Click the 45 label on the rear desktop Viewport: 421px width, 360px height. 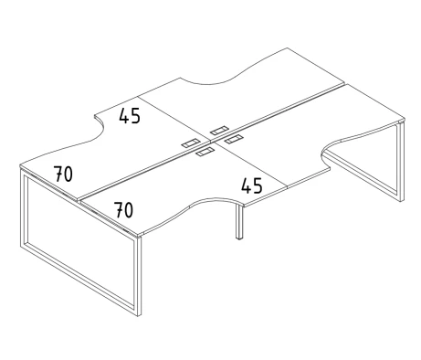click(130, 116)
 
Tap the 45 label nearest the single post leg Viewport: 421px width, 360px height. click(252, 185)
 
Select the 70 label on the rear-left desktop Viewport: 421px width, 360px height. click(63, 174)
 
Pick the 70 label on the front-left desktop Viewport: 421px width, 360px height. click(123, 210)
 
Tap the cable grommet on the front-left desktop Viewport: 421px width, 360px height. click(205, 152)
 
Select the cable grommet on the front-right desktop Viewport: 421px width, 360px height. click(233, 139)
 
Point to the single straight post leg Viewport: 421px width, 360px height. click(239, 221)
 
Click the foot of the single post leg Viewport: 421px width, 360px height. click(239, 238)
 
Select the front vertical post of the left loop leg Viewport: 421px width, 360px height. click(139, 276)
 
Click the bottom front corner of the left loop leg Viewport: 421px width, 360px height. click(139, 315)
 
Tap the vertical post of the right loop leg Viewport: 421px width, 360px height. click(402, 162)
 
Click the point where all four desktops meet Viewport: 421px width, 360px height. click(211, 142)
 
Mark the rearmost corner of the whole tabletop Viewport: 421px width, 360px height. click(288, 48)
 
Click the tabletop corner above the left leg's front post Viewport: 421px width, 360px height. click(138, 235)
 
